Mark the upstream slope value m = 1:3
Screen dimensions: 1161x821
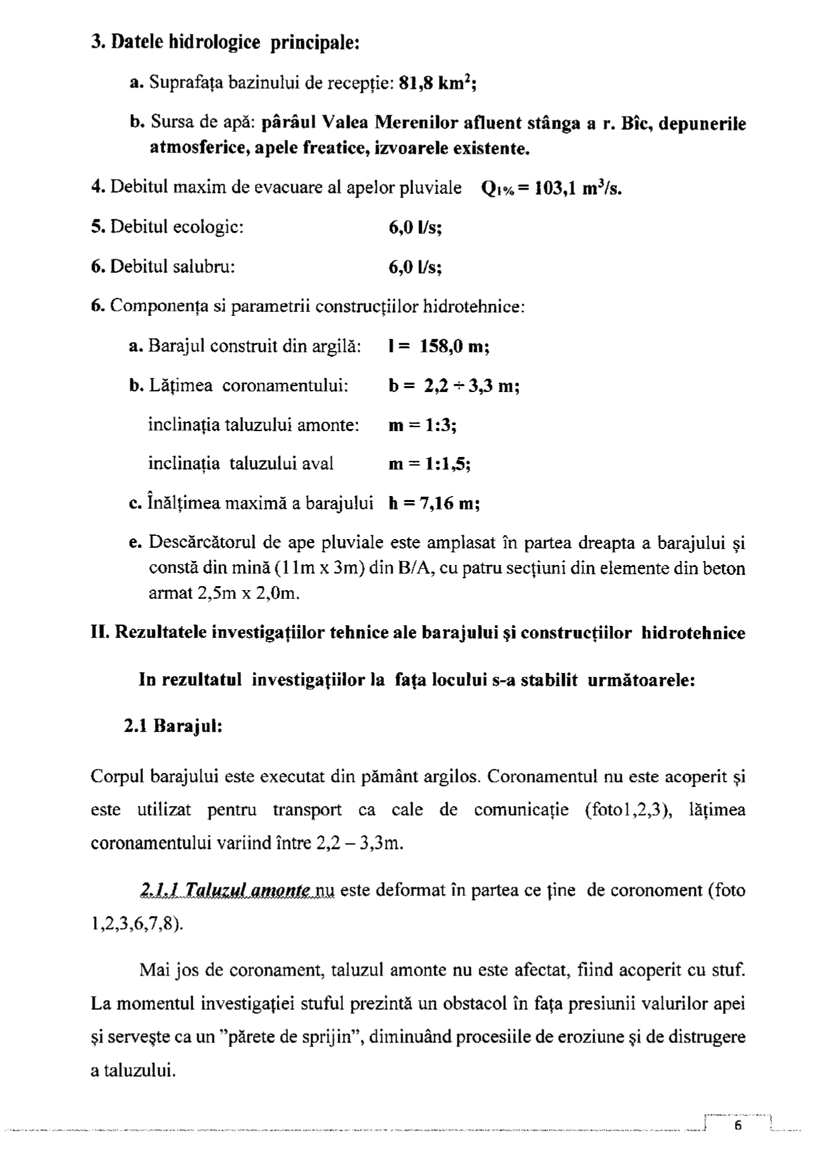click(x=422, y=425)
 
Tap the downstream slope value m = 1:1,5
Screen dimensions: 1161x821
click(x=430, y=464)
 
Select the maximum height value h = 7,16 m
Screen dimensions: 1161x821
click(x=434, y=504)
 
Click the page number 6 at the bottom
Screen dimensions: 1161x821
click(x=738, y=1126)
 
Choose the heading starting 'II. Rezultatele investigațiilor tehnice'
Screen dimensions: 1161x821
click(x=418, y=632)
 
